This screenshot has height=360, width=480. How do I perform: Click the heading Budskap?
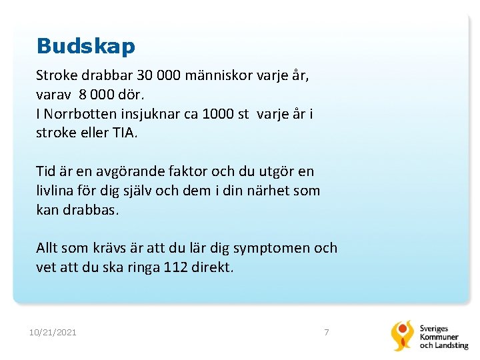86,46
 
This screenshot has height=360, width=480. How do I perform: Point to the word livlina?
57,191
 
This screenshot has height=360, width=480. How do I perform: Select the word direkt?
214,267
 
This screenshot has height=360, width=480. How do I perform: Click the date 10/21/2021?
53,332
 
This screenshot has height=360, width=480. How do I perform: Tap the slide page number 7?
326,332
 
